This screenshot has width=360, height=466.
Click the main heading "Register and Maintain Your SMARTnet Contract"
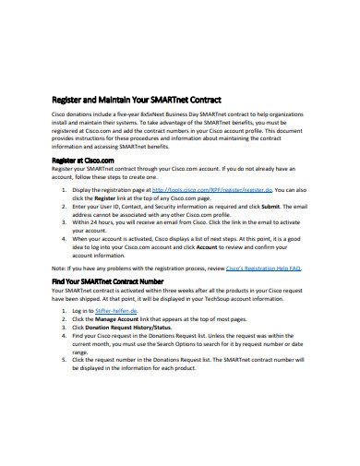(x=136, y=100)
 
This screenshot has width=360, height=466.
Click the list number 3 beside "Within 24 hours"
(x=75, y=222)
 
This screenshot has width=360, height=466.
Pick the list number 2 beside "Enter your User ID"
(x=75, y=208)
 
